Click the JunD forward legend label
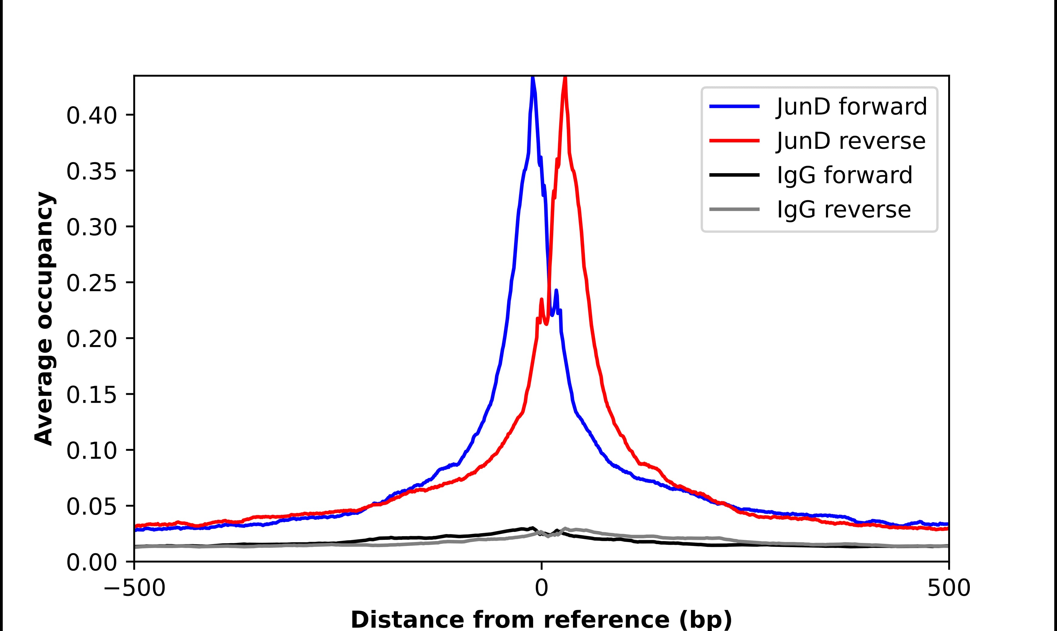(x=851, y=106)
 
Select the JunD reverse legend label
(x=850, y=141)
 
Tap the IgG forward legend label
(x=844, y=175)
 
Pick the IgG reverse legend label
(x=843, y=210)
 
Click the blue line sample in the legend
(x=734, y=106)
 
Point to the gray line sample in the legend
(x=734, y=209)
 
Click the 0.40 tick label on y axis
(x=91, y=116)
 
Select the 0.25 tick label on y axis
(x=91, y=283)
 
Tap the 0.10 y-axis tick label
(x=91, y=451)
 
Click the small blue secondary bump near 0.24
(x=556, y=291)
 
